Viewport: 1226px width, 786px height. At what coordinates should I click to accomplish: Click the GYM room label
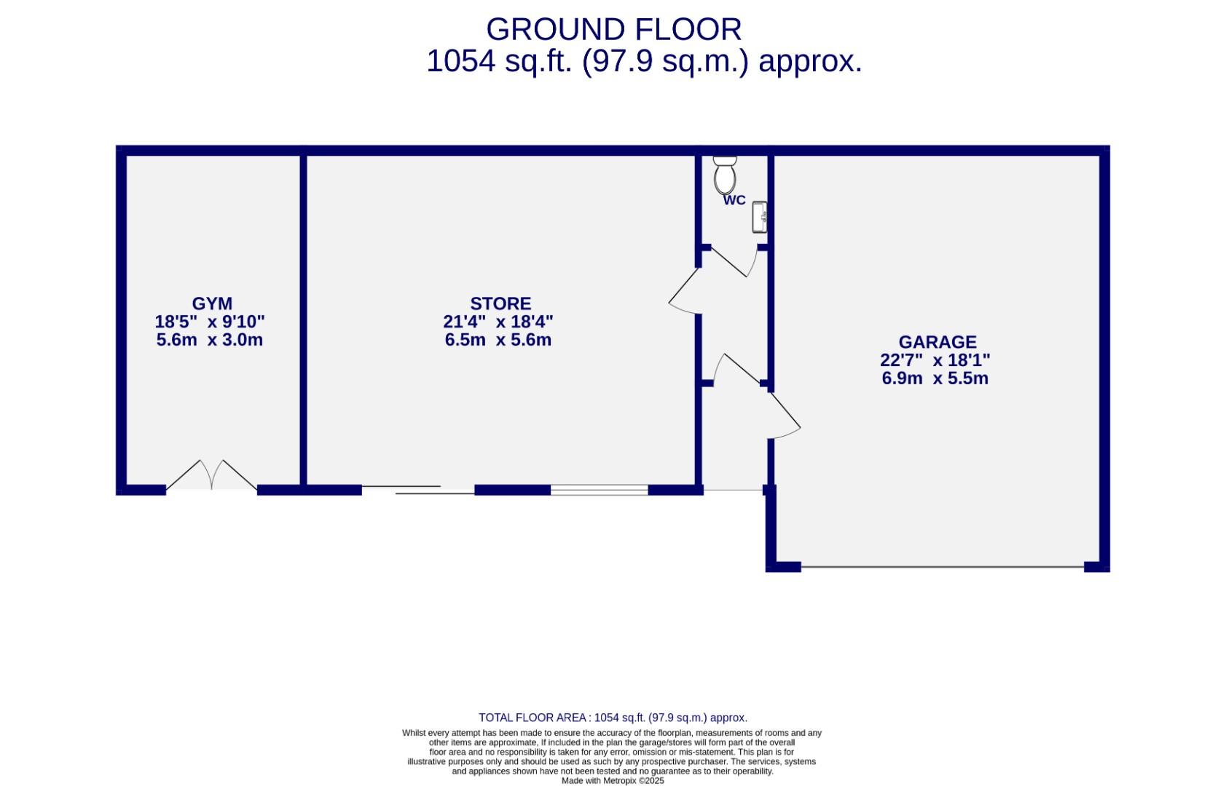click(212, 303)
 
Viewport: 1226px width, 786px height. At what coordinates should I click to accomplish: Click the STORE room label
click(500, 303)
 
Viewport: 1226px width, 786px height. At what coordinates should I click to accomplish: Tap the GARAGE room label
click(937, 342)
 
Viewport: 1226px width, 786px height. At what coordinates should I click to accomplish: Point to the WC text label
click(734, 200)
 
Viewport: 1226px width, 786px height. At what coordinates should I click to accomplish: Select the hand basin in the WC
click(759, 217)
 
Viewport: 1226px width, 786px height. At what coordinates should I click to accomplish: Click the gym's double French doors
click(212, 477)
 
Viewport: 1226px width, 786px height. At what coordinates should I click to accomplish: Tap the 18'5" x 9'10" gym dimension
click(210, 322)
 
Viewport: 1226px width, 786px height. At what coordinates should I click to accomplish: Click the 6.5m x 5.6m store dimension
click(498, 340)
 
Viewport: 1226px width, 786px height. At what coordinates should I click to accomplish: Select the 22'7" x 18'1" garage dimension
click(935, 360)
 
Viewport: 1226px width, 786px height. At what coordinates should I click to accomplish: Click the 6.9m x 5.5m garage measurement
click(935, 378)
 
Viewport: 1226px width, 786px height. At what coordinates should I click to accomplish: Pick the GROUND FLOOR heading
click(613, 30)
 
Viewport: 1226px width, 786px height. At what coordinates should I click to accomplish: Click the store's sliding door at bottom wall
click(419, 490)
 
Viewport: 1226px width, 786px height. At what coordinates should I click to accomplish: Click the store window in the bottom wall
click(599, 490)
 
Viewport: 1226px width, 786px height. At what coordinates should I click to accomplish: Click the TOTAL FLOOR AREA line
click(613, 718)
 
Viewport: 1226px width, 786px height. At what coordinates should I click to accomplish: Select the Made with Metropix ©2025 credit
click(613, 780)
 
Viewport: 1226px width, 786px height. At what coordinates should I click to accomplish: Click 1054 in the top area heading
click(461, 61)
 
